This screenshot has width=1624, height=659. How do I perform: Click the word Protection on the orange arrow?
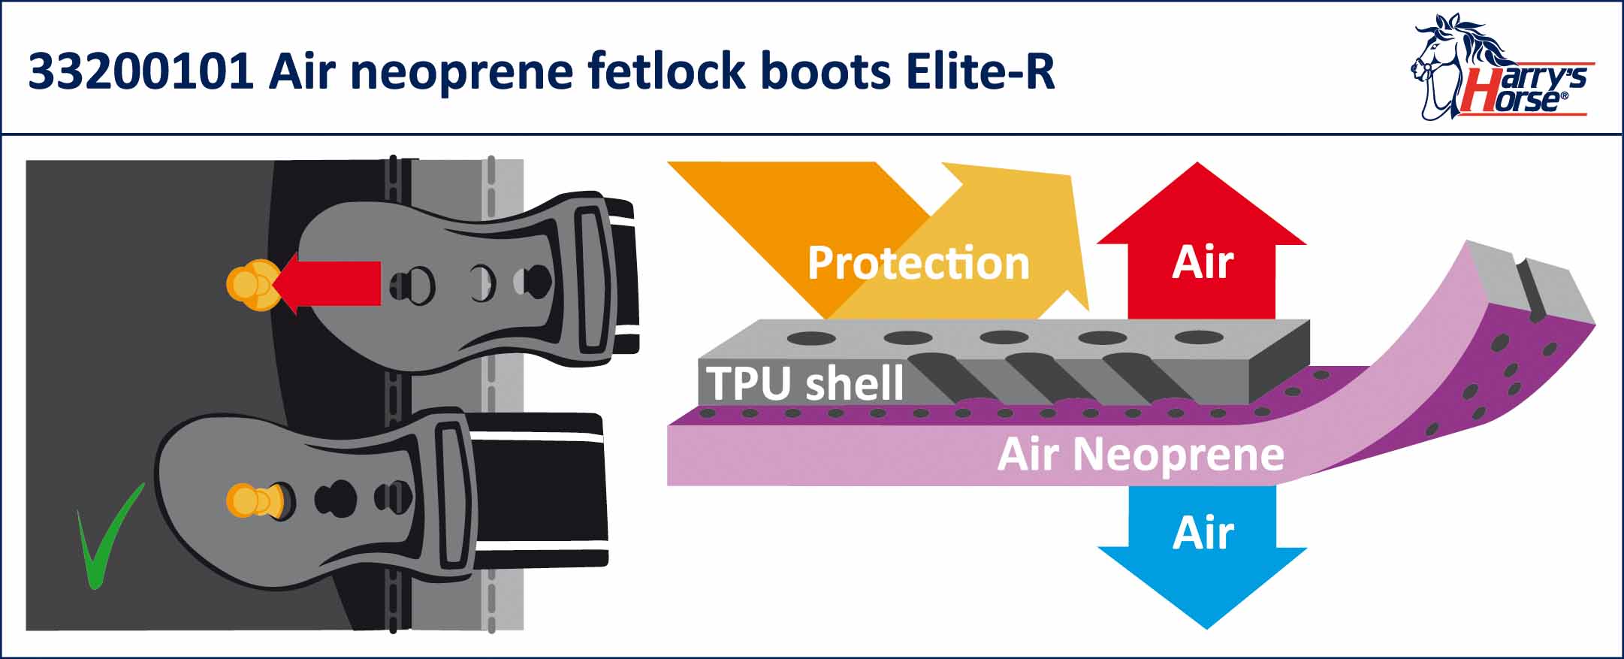[918, 263]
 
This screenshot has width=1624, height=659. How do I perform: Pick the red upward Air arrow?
[1202, 248]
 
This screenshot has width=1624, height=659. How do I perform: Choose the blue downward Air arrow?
[1202, 556]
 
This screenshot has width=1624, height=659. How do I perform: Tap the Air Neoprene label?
[1140, 455]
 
